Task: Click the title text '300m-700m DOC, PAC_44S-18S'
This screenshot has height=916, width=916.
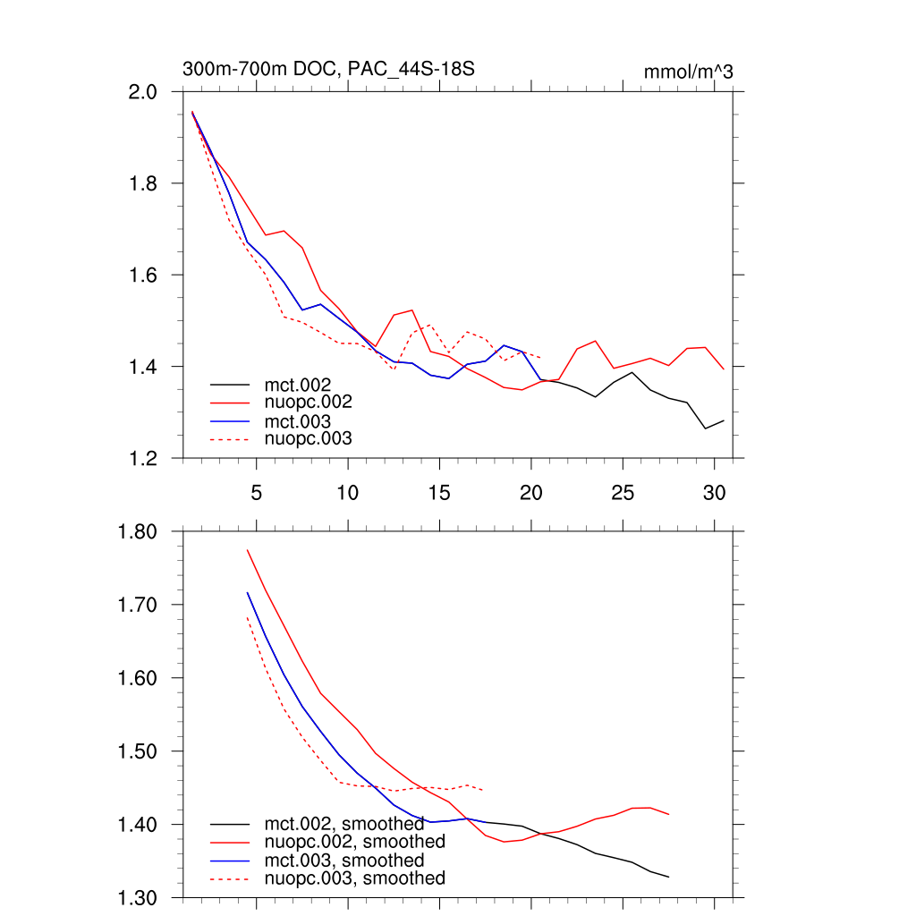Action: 328,69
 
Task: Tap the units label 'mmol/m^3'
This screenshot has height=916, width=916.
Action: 688,72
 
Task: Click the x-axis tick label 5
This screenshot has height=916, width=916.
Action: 257,492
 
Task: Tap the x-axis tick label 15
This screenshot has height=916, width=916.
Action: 439,492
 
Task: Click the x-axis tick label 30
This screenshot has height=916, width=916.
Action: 714,492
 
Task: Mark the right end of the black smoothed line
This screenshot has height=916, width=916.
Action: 668,877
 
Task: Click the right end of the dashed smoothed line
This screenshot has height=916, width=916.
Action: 484,790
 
